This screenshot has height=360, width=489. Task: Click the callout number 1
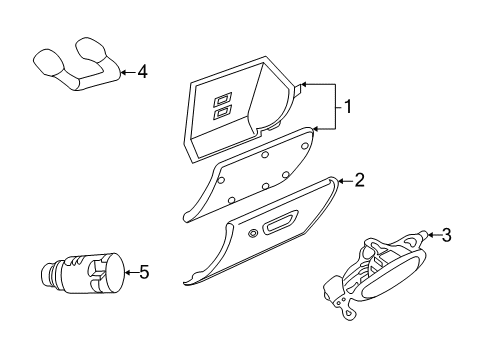point(347,106)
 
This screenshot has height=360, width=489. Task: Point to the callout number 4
point(141,71)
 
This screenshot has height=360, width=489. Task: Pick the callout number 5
point(144,271)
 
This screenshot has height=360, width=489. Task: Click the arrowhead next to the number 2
point(333,181)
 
